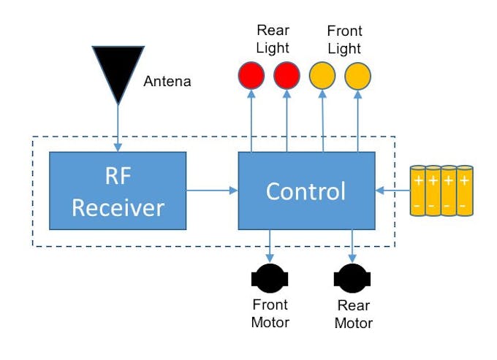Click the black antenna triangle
tap(117, 69)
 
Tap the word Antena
tap(167, 81)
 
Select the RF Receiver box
tap(118, 191)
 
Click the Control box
tap(306, 191)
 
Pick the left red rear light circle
tap(251, 75)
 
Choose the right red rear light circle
tap(287, 75)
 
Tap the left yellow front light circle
tap(322, 75)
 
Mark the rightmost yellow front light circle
tap(357, 75)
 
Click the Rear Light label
tap(273, 39)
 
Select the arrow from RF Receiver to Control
tap(212, 191)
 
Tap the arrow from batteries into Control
tap(392, 191)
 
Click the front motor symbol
tap(270, 279)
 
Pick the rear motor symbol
tap(353, 279)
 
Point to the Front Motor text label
tap(270, 313)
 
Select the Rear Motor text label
tap(354, 314)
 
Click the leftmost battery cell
tap(418, 191)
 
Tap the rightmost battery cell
tap(464, 191)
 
